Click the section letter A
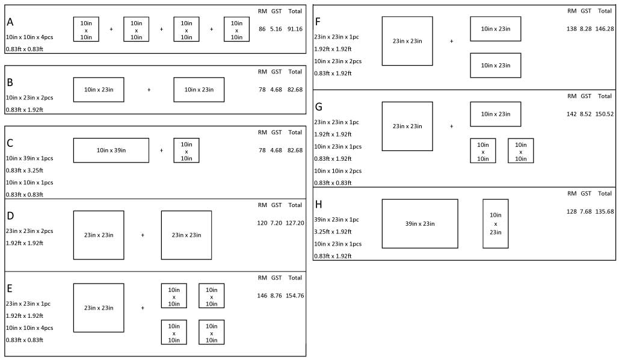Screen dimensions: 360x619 tap(10, 22)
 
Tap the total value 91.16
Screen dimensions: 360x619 tap(295, 28)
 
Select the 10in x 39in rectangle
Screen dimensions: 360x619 tap(111, 151)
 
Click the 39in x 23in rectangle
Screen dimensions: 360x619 tap(419, 223)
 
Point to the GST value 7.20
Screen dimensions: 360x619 tap(276, 223)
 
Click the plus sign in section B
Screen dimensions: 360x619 tap(149, 90)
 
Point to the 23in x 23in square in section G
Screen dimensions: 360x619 tap(407, 126)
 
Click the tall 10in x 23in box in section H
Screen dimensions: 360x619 tap(495, 223)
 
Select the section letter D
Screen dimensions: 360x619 tap(10, 216)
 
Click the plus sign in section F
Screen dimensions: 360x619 tap(451, 42)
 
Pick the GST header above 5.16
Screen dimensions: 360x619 tap(276, 11)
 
